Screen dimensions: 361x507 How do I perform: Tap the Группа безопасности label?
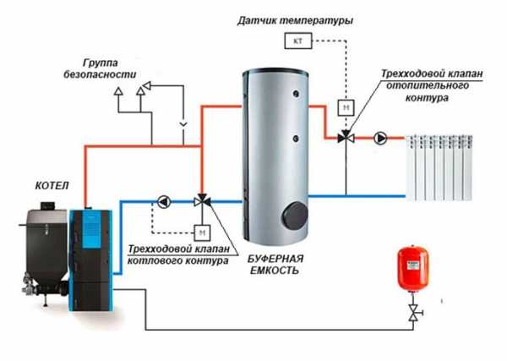(109, 68)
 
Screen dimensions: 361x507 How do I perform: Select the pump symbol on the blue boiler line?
(163, 202)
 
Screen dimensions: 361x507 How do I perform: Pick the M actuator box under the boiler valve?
(202, 230)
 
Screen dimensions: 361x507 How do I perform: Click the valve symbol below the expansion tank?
(412, 315)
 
